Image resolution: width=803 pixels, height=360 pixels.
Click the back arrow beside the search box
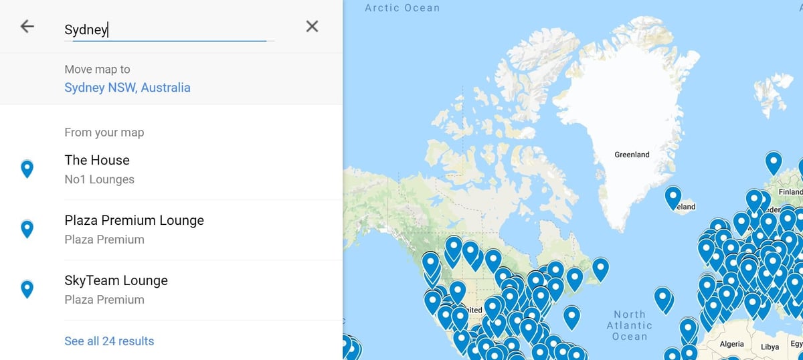pos(27,27)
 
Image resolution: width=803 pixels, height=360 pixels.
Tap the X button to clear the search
pos(312,27)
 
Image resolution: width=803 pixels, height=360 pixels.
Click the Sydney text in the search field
pos(86,30)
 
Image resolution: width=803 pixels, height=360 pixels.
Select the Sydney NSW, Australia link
pos(127,88)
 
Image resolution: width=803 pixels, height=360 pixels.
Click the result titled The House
pos(97,160)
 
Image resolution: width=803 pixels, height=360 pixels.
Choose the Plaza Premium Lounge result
pos(134,220)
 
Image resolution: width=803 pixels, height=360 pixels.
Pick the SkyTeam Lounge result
pos(116,280)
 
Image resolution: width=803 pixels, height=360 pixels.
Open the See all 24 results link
pos(109,341)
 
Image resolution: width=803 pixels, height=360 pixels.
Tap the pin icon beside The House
pos(27,169)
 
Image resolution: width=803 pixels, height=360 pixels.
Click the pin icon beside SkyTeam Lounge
pos(27,289)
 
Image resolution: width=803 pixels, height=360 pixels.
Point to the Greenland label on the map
pos(632,155)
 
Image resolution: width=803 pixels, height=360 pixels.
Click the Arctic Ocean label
pos(402,8)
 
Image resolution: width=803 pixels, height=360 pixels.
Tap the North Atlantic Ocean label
pos(630,325)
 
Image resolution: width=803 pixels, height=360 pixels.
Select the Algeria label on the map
pos(731,345)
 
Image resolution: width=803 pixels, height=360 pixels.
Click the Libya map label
pos(770,347)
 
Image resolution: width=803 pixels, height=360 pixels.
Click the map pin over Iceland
pos(673,197)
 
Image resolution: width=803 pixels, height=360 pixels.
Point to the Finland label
pos(790,191)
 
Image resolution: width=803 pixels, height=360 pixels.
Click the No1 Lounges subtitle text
pos(99,179)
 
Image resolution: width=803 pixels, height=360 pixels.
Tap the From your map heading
pos(104,132)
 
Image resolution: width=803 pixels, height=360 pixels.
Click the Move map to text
pos(97,69)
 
